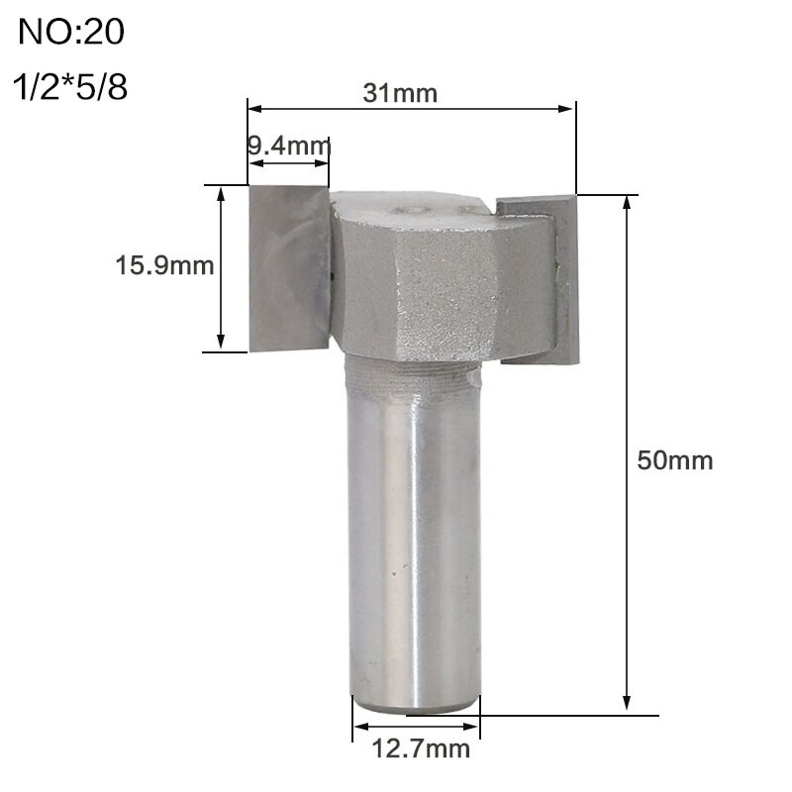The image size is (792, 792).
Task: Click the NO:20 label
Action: pyautogui.click(x=72, y=33)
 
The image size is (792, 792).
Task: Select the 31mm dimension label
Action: pyautogui.click(x=401, y=94)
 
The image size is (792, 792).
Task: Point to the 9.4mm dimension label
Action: pyautogui.click(x=287, y=148)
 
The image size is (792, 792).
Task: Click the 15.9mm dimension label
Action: pyautogui.click(x=165, y=265)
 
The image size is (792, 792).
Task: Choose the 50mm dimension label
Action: pyautogui.click(x=674, y=460)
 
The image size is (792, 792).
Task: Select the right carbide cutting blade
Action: pyautogui.click(x=540, y=277)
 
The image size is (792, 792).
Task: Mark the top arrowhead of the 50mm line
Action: pyautogui.click(x=627, y=201)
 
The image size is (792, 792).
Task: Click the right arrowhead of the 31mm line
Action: pyautogui.click(x=568, y=107)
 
